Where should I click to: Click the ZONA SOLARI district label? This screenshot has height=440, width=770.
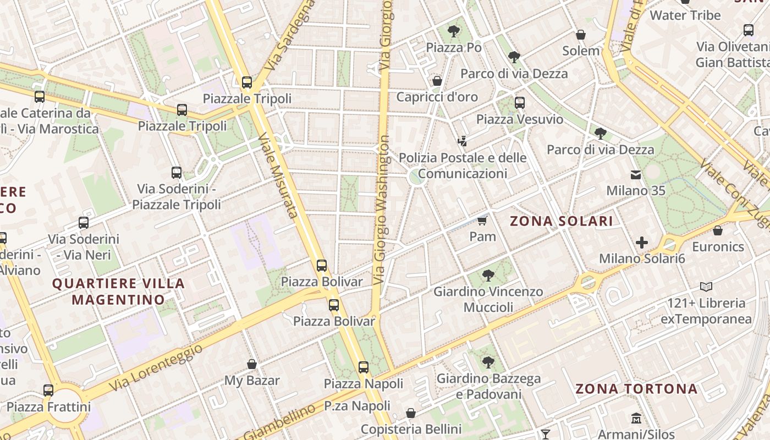561,221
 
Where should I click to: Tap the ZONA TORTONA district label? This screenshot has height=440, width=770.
636,389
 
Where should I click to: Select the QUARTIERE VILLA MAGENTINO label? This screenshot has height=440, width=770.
118,291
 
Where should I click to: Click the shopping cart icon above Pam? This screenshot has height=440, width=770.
482,221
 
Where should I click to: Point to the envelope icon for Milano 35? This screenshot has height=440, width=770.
636,175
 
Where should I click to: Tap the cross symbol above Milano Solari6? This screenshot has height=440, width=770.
642,242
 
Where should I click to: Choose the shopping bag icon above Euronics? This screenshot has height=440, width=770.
718,230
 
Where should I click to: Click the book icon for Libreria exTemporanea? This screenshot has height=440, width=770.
706,287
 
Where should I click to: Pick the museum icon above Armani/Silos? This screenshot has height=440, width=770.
636,418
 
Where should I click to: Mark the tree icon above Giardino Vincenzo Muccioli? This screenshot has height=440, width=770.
488,275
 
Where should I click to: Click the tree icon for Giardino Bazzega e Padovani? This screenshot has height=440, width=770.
488,362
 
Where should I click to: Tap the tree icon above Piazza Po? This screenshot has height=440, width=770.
454,31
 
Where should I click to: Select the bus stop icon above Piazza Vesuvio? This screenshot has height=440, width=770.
520,102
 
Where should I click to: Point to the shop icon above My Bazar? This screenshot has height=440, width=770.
252,364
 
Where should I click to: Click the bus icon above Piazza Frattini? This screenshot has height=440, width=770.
48,391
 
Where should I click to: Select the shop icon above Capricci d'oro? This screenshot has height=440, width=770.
437,81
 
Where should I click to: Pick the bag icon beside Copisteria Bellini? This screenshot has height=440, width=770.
411,413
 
